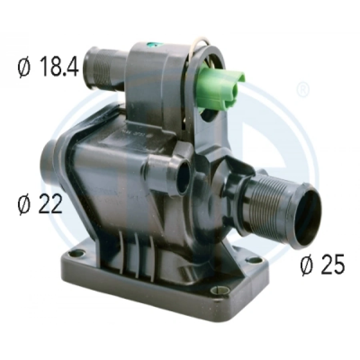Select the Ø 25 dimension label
[322, 265]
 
